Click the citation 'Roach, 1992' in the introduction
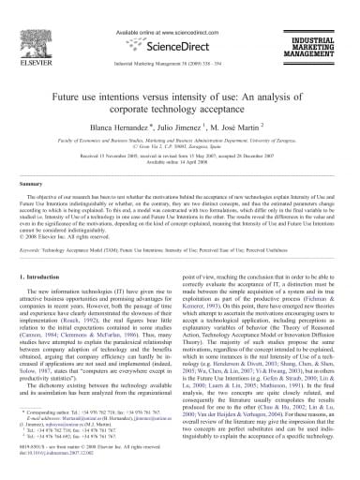click(116, 345)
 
